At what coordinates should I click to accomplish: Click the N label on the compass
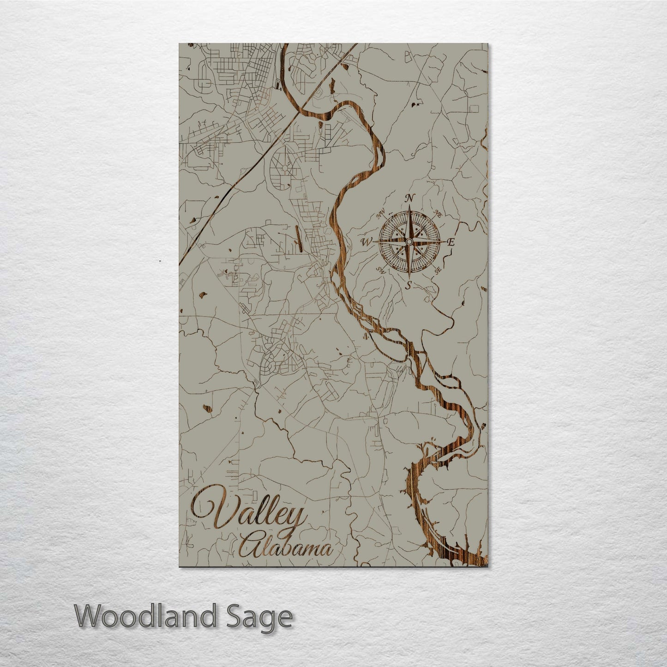[x=409, y=198]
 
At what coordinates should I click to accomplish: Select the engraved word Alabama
[x=286, y=548]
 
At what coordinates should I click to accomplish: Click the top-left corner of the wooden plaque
[x=179, y=44]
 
